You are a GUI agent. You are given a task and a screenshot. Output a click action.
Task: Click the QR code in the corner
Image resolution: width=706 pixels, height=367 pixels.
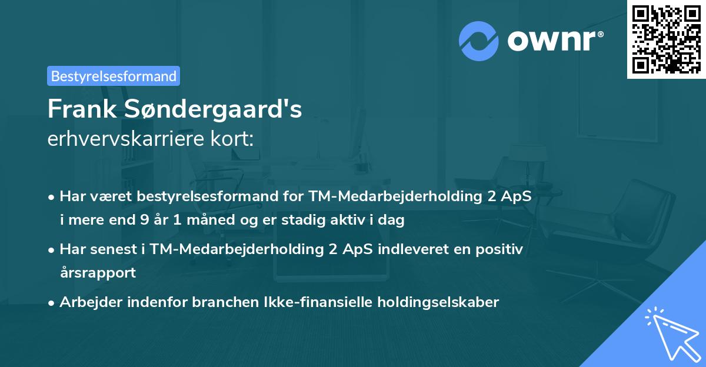(x=666, y=39)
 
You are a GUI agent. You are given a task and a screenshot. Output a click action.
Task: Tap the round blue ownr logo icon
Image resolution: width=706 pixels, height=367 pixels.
(x=478, y=41)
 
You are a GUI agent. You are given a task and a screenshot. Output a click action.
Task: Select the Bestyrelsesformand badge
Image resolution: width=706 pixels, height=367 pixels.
(x=114, y=76)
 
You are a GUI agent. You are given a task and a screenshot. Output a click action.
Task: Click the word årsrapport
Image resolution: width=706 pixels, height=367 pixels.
(x=98, y=272)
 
